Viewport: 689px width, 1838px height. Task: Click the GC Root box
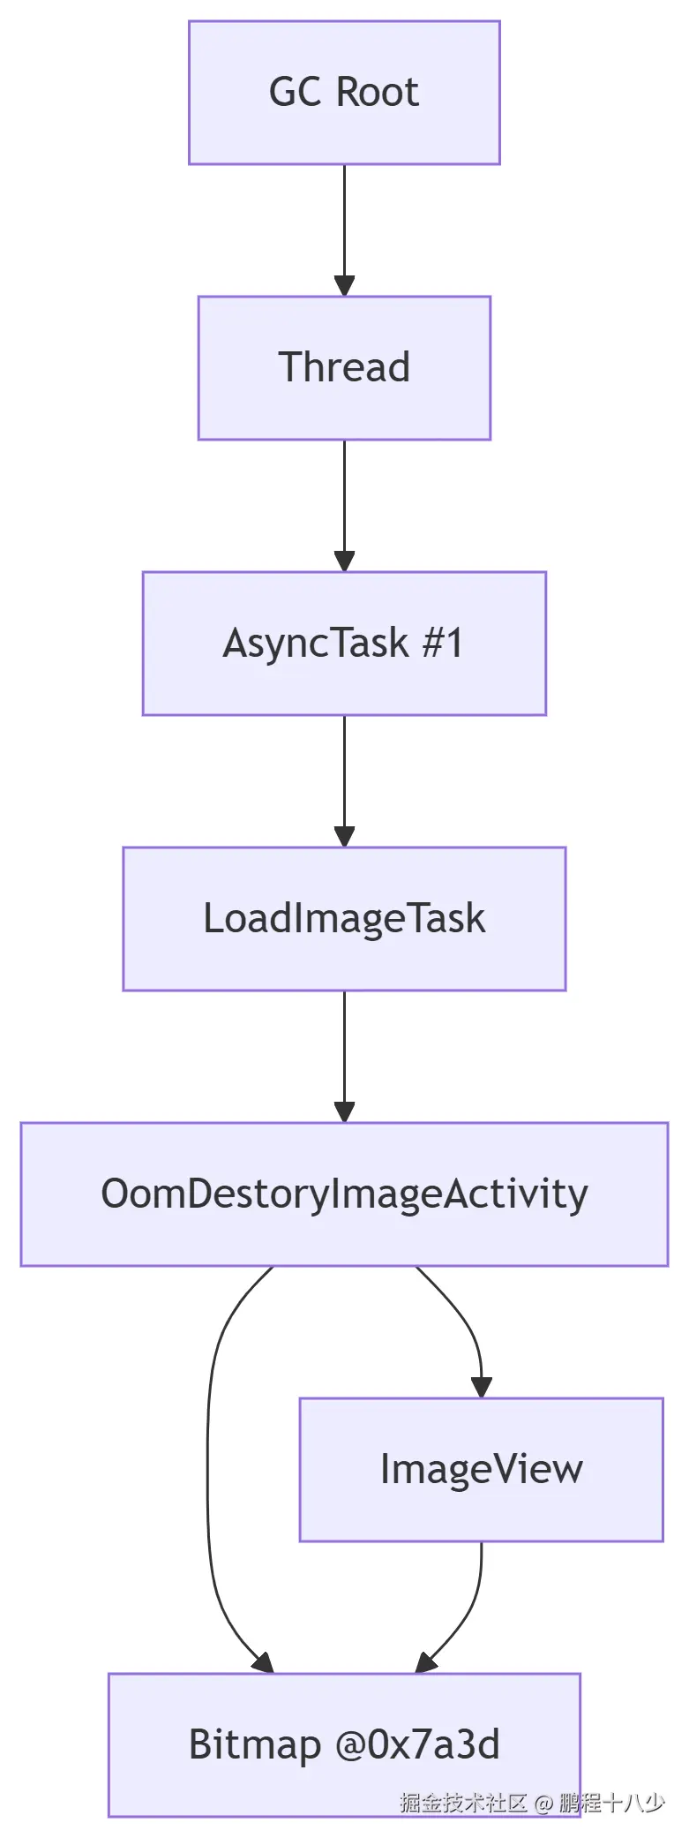click(x=344, y=93)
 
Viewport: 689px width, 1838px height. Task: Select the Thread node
click(x=344, y=367)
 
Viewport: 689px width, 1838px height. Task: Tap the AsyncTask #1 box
click(x=344, y=643)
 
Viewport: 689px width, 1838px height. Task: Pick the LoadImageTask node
click(x=344, y=918)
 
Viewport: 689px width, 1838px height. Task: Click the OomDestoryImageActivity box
click(x=344, y=1194)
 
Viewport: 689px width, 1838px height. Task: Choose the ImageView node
click(x=481, y=1469)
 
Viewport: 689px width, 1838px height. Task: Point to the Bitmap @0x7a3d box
click(x=344, y=1744)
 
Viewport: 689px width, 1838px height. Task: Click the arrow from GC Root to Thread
click(x=344, y=230)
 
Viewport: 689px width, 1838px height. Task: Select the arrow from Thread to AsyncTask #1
click(x=344, y=505)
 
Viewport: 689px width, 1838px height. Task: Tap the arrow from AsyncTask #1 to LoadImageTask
click(x=344, y=780)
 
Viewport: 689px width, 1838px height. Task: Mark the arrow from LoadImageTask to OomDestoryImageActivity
click(x=344, y=1056)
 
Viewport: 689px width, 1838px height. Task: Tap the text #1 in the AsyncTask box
click(x=443, y=643)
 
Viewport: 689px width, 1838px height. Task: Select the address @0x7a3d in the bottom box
click(x=416, y=1744)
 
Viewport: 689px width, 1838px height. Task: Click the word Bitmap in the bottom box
click(x=254, y=1745)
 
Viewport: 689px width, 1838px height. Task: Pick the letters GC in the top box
click(x=295, y=93)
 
